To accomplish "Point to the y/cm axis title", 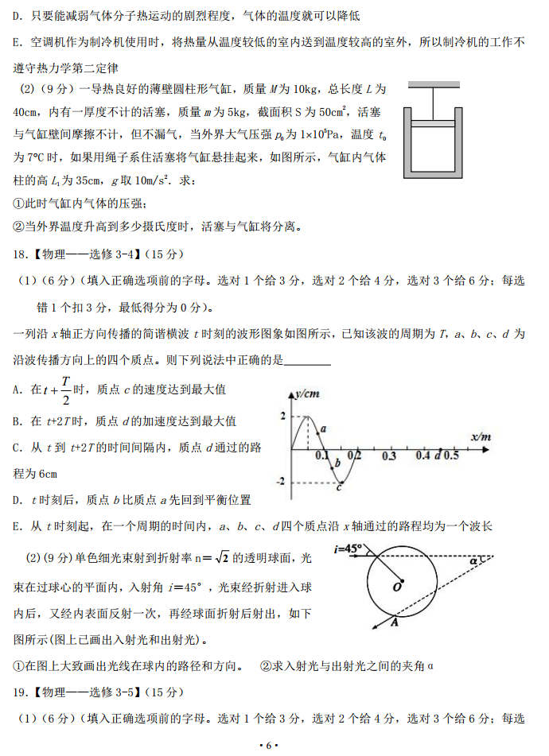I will (307, 393).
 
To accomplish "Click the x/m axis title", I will (480, 437).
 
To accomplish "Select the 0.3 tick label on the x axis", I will (388, 457).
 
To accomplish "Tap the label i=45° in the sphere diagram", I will (348, 548).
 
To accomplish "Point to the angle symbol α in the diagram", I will (474, 561).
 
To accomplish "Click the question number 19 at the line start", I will (21, 692).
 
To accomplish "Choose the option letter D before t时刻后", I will (18, 500).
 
